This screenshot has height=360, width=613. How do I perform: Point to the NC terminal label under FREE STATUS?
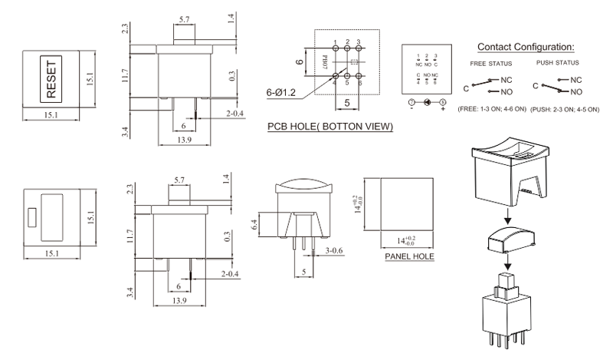pyautogui.click(x=505, y=78)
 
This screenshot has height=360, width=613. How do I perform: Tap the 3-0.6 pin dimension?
pyautogui.click(x=336, y=250)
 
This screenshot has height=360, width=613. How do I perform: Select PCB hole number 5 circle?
pyautogui.click(x=347, y=75)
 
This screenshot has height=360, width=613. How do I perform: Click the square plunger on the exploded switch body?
pyautogui.click(x=505, y=281)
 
